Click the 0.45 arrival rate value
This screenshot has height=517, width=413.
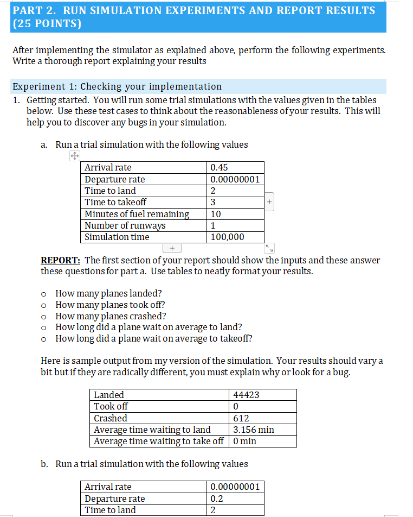[219, 168]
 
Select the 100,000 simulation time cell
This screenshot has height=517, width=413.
[228, 237]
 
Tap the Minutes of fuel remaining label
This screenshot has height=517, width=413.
[137, 214]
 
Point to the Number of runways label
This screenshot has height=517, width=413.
[125, 225]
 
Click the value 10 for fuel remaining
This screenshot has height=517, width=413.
[216, 214]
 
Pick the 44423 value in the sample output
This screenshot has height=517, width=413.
[246, 395]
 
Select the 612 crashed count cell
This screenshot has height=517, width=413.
[241, 418]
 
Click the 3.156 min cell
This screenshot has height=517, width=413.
[253, 430]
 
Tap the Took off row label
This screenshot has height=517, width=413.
[111, 406]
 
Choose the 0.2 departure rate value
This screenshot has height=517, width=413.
[217, 499]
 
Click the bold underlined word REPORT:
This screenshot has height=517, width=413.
[61, 260]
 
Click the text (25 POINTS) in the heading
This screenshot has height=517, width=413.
[47, 24]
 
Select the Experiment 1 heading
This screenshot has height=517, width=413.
[117, 86]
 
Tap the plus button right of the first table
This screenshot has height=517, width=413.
[269, 202]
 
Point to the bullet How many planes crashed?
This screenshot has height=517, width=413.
[111, 316]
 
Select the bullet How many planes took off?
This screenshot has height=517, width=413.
[110, 305]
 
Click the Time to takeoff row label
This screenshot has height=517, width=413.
[115, 202]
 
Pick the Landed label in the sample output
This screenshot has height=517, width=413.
[109, 395]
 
